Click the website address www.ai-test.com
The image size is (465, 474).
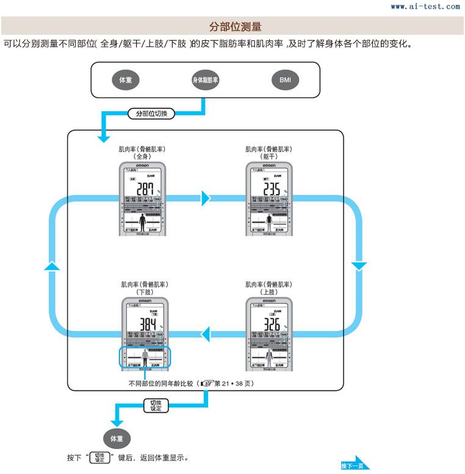click(425, 7)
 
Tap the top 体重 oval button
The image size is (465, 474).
click(125, 80)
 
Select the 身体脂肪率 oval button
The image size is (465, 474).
click(206, 80)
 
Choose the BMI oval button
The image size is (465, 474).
click(285, 80)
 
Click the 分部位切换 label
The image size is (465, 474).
click(151, 114)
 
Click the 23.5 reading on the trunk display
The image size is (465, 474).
click(269, 189)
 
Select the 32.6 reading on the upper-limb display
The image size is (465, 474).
click(270, 324)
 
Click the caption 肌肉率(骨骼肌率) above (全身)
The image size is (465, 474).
click(143, 149)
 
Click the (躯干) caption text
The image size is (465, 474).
click(269, 156)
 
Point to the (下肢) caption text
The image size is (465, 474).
click(144, 293)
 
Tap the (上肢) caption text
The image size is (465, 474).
click(269, 293)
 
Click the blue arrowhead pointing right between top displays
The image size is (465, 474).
click(206, 198)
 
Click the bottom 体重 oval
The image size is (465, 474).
click(117, 439)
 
